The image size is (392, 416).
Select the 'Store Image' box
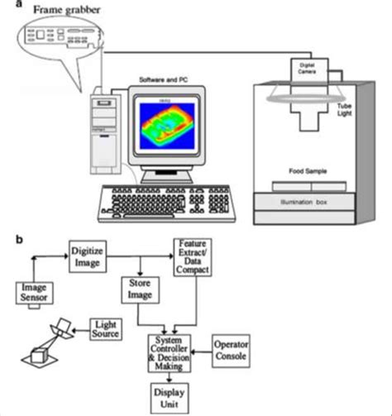point(145,290)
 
